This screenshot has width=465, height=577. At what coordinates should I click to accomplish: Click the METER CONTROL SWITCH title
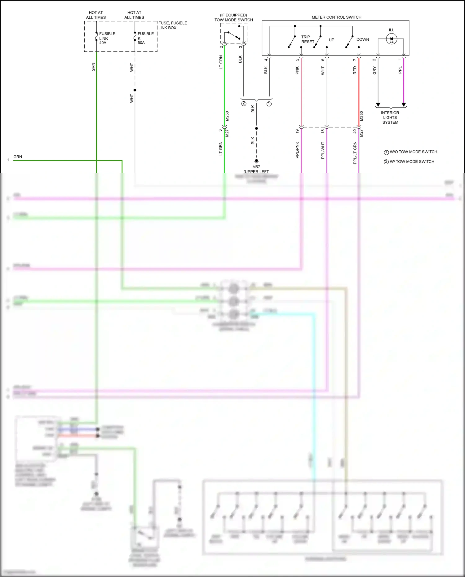click(x=336, y=17)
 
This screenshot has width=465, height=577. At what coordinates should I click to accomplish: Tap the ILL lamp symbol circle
click(x=392, y=39)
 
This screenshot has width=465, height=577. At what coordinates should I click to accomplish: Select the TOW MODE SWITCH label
click(x=233, y=20)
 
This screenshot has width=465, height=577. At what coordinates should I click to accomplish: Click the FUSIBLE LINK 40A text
click(x=107, y=38)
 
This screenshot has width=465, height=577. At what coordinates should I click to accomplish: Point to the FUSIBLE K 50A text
click(x=145, y=38)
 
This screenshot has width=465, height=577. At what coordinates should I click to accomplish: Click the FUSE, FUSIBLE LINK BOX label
click(x=173, y=25)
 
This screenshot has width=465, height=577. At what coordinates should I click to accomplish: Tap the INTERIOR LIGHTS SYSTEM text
click(x=390, y=118)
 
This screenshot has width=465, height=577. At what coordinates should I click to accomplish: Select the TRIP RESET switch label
click(x=308, y=39)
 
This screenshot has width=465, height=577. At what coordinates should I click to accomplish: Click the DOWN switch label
click(x=362, y=39)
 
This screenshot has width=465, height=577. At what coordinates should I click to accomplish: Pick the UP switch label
click(x=331, y=40)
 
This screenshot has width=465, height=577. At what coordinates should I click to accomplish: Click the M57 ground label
click(x=256, y=167)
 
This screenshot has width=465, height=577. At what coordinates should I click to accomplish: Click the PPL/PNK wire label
click(x=297, y=150)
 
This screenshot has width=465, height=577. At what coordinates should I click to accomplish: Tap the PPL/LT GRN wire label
click(x=355, y=153)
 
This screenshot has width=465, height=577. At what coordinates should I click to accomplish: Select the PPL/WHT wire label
click(x=323, y=150)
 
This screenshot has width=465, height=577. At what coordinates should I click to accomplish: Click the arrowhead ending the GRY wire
click(x=378, y=105)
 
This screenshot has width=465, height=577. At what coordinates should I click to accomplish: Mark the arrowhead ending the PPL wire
click(x=404, y=105)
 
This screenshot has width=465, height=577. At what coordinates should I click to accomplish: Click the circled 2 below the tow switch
click(x=244, y=104)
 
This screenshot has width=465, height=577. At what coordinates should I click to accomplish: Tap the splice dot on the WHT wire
click(x=135, y=90)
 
